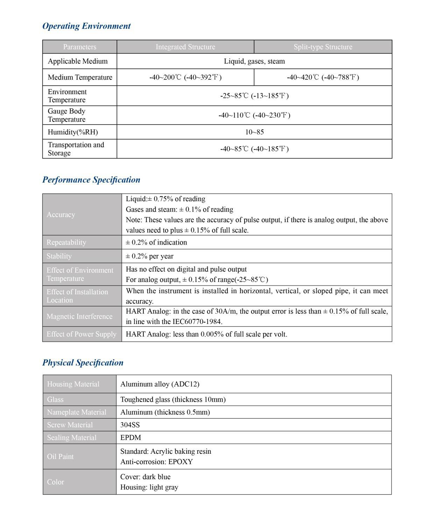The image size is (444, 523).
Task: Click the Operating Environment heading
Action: [86, 26]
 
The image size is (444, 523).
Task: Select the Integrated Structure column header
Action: [185, 47]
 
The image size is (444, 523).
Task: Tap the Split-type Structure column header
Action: [323, 47]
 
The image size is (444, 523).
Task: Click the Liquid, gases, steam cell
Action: [254, 61]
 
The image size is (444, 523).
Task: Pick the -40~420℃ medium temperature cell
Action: [323, 77]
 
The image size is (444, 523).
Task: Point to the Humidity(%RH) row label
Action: [73, 132]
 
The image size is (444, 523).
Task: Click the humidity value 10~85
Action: [254, 132]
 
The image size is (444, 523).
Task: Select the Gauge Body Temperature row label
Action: [66, 115]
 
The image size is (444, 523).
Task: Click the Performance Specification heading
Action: [91, 180]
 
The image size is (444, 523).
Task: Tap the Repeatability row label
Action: [66, 242]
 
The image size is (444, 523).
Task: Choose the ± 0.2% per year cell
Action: [150, 256]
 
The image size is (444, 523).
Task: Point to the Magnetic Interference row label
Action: [79, 316]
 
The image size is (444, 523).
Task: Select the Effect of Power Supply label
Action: [81, 334]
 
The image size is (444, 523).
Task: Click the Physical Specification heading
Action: [83, 362]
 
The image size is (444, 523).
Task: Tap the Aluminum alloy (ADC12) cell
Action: [160, 384]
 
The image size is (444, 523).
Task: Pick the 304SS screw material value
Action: [130, 425]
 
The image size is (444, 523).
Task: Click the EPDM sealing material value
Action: [131, 438]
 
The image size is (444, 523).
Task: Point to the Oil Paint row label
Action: [60, 457]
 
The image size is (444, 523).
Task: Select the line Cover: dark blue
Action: [146, 477]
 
